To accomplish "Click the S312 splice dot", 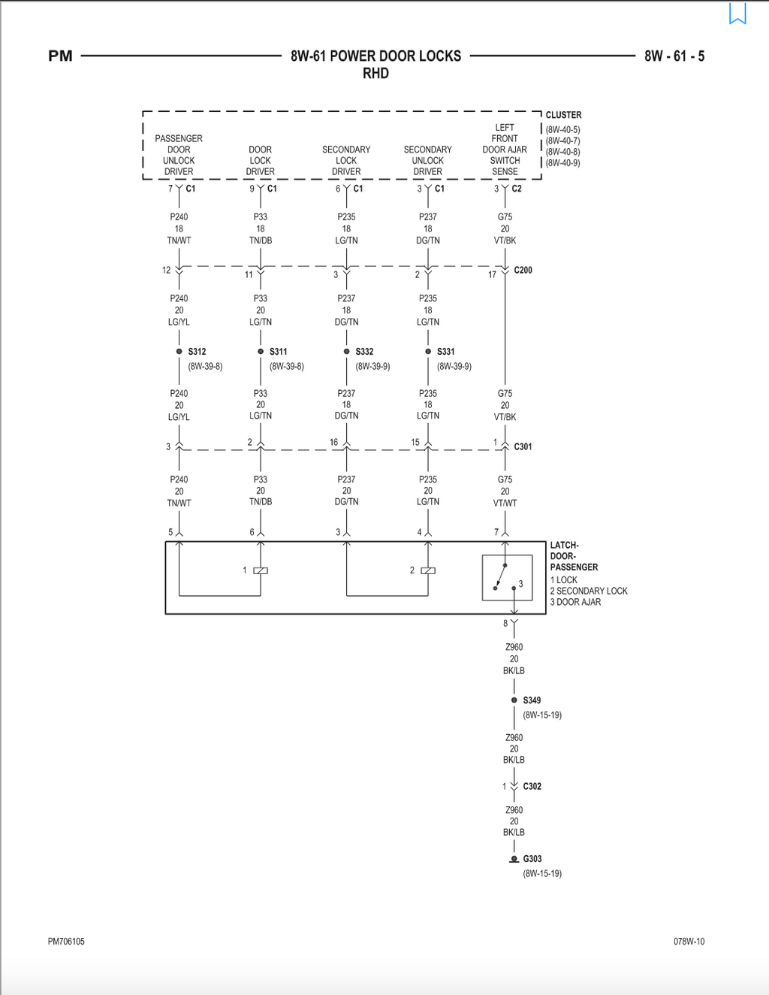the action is coord(179,351).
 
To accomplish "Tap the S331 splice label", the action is coord(445,352).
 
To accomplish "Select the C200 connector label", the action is coord(523,270).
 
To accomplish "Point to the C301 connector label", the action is coord(523,446).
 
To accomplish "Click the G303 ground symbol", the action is coord(514,859).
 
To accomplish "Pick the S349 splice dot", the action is coord(514,700).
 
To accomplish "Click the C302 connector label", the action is coord(532,786).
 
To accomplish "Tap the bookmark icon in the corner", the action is coord(737,13).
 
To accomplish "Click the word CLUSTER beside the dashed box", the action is coord(563,115).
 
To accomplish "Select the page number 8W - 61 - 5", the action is coord(674,56).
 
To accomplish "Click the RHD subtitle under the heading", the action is coord(375,73).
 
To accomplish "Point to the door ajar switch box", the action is coord(507,577).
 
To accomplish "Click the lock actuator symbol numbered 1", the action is coord(261,570).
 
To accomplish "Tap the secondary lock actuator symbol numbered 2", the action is coord(428,570).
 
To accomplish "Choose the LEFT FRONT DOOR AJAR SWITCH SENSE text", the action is coord(505,150).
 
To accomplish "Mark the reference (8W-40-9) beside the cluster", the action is coord(562,163).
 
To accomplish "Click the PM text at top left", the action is coord(60,56).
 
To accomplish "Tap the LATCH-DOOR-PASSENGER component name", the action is coord(574,556).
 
